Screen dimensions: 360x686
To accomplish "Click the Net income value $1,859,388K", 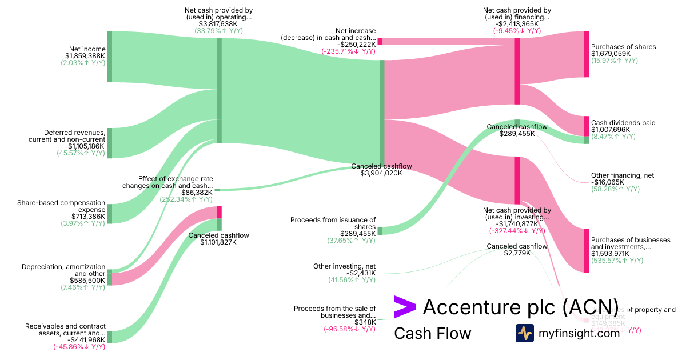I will click(x=85, y=55).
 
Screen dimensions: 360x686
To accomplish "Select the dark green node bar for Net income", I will click(x=110, y=57).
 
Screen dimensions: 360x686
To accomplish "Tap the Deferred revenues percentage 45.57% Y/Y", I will click(x=81, y=153).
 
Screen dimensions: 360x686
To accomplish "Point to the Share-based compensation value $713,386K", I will click(x=88, y=216).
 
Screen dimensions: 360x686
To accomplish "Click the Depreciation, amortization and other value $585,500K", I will click(x=87, y=281).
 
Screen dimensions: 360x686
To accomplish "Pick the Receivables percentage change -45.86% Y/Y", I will click(x=79, y=347).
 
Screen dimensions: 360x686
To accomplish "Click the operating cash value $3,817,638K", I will click(x=218, y=24).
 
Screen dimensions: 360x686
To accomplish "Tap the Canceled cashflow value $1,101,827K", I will click(x=218, y=242).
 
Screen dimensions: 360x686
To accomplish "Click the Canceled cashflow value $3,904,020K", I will click(x=381, y=173).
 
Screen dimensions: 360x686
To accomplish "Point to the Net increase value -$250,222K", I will click(x=356, y=44).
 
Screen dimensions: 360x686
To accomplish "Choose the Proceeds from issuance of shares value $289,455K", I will click(x=357, y=233).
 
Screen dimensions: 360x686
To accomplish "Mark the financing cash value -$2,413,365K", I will click(x=517, y=24).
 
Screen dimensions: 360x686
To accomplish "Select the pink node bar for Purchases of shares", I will click(x=586, y=54).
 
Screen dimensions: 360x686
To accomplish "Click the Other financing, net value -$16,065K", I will click(x=608, y=182).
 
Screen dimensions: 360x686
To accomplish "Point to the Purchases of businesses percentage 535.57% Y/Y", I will click(x=617, y=261).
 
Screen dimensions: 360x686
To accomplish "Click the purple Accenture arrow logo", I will click(x=405, y=307).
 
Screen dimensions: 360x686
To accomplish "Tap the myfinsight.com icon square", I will click(x=524, y=333).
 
